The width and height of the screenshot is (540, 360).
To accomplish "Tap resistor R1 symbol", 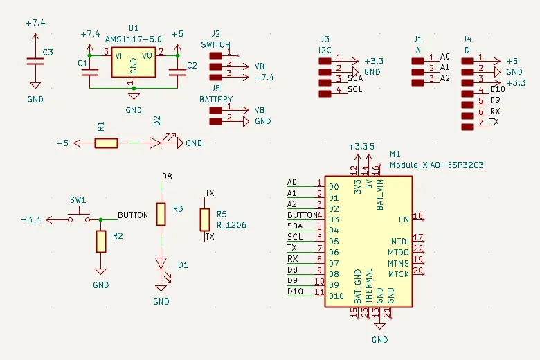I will tap(107, 143).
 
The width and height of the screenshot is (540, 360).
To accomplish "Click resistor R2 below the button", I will tap(101, 242).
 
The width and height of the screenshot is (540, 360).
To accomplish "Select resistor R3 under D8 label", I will tap(161, 214).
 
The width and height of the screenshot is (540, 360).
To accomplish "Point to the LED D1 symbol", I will tap(161, 264).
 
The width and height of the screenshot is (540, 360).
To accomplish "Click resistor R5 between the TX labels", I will tap(205, 219).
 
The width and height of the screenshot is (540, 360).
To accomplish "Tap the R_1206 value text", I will tap(231, 225).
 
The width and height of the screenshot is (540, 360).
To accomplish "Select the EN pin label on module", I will tap(404, 219).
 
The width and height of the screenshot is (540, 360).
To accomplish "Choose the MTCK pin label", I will tap(398, 274).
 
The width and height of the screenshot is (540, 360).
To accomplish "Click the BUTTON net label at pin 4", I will tap(300, 215).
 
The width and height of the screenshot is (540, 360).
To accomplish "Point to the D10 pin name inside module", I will tap(337, 296).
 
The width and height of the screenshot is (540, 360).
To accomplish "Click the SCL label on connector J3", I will tap(355, 89).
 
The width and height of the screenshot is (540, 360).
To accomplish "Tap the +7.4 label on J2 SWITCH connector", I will tap(264, 77).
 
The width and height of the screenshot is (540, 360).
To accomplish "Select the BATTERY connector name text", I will tap(216, 99).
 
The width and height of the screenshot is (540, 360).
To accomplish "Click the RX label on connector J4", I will tap(495, 111).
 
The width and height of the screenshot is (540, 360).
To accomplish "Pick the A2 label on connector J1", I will tap(445, 78).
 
